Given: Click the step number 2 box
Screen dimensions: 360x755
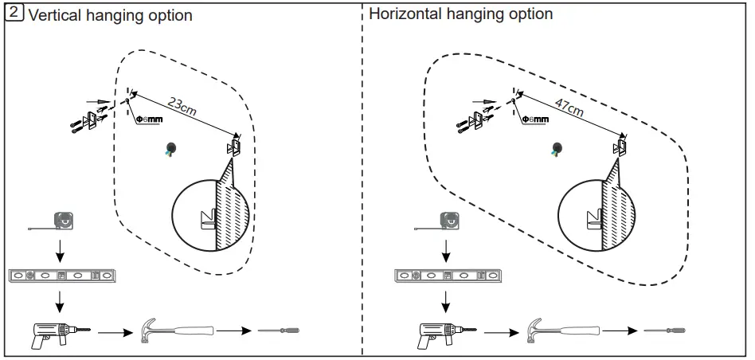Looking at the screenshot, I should point(14,14).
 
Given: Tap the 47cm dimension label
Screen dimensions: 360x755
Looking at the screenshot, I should point(569,105).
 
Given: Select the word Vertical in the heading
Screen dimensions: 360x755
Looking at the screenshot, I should point(56,15).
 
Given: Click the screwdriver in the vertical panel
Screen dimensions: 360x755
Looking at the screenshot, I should point(279,330).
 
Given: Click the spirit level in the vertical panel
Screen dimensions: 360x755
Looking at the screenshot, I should point(62,276).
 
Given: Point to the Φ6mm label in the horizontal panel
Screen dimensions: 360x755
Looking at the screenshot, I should point(535,119).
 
